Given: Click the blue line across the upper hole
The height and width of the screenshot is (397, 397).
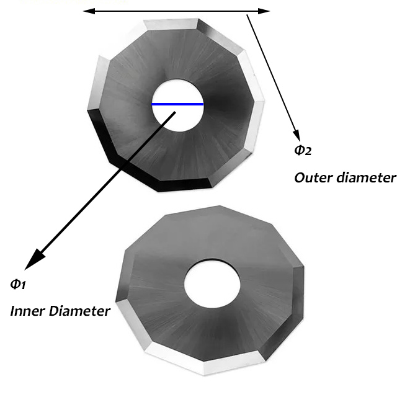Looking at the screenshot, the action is click(177, 104).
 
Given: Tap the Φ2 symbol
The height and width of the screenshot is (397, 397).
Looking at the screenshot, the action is click(303, 150).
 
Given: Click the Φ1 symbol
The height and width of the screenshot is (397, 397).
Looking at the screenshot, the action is click(18, 284).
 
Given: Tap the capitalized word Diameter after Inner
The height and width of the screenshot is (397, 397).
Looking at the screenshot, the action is click(79, 311).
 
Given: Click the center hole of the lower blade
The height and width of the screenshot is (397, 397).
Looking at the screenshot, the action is click(212, 283).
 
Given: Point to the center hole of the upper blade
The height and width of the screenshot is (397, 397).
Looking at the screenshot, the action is click(178, 105).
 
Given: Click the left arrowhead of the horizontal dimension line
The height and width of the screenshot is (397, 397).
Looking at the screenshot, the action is click(89, 11).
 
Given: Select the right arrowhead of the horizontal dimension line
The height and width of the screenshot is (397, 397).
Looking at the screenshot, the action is click(264, 11).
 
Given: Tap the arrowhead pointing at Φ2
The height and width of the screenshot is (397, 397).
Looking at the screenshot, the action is click(297, 135).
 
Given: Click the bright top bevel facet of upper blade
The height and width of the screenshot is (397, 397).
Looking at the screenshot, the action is click(171, 24).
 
